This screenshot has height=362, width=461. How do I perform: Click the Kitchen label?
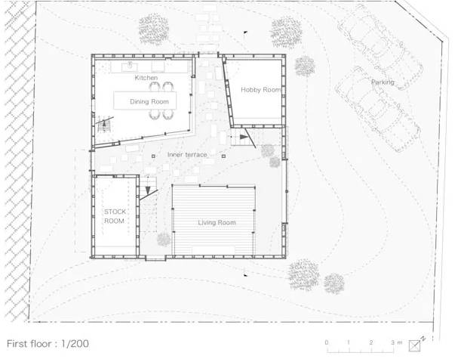(x=146, y=78)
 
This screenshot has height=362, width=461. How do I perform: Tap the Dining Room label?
(x=149, y=101)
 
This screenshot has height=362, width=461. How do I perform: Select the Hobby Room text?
(x=261, y=89)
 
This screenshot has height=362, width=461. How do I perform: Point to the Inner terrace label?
(x=187, y=155)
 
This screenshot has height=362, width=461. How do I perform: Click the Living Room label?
(x=217, y=222)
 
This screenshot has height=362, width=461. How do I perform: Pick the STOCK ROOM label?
(x=115, y=216)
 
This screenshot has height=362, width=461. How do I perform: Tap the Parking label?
(x=383, y=82)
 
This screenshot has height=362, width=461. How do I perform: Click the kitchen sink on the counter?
(x=130, y=67)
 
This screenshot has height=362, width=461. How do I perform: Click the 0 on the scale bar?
(x=327, y=342)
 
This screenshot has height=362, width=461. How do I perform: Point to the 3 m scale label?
(x=397, y=342)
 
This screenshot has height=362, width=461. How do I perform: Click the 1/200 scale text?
(x=75, y=344)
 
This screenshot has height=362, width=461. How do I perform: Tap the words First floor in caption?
(x=29, y=344)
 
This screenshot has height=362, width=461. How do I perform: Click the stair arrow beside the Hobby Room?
(x=244, y=137)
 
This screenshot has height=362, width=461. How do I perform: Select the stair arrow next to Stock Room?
(x=148, y=190)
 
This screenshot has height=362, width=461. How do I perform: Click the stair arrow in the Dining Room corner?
(x=104, y=124)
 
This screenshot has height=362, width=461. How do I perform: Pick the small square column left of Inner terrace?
(x=153, y=156)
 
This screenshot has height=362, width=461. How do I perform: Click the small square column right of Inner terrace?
(x=224, y=156)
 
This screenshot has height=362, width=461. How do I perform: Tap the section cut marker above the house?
(x=245, y=32)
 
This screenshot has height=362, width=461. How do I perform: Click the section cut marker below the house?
(x=245, y=275)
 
